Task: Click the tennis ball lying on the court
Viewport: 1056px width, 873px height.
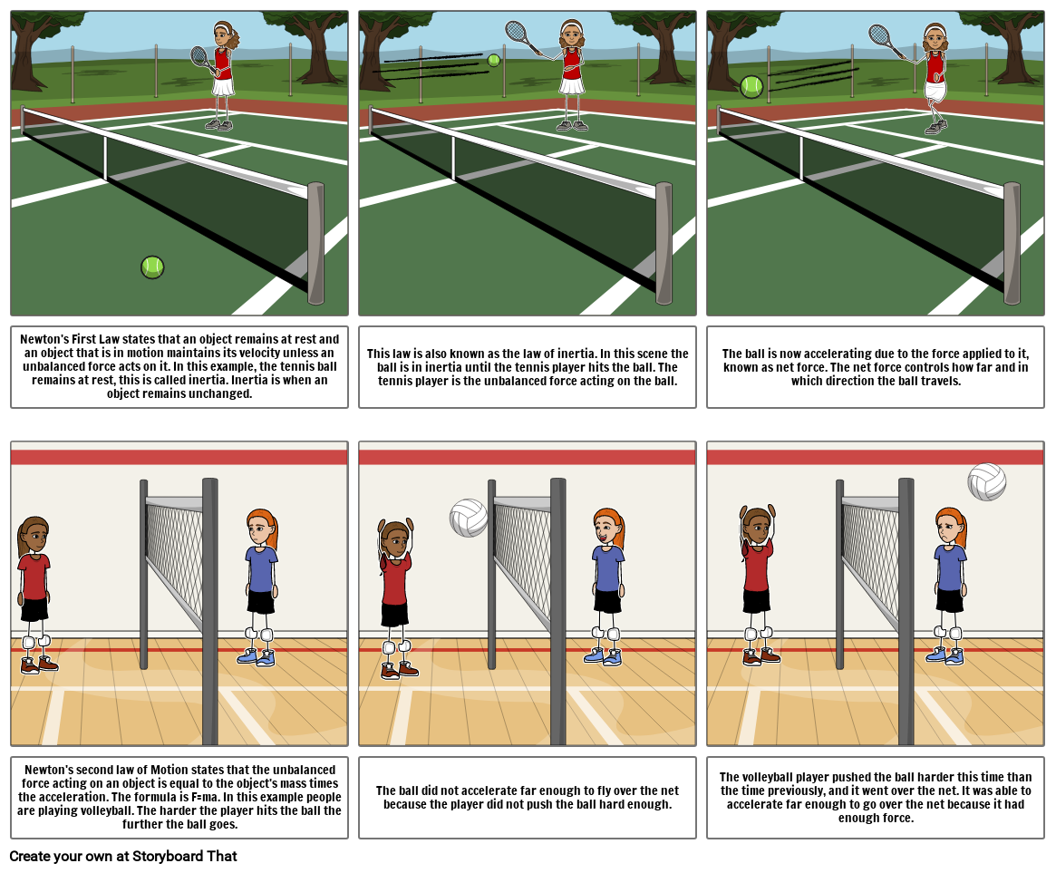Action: pos(152,267)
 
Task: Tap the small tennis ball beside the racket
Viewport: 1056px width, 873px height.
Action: pos(493,60)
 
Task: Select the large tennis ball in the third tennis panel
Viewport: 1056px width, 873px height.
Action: pos(751,87)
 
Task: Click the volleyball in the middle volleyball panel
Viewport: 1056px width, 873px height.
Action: pos(469,518)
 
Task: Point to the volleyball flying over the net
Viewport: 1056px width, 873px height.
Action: pos(987,481)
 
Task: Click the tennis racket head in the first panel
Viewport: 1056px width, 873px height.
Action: pos(199,56)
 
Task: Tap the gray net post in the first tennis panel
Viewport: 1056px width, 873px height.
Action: pos(315,243)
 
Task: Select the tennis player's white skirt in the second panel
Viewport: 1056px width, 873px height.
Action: pos(571,84)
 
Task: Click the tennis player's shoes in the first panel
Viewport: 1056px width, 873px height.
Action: pos(219,125)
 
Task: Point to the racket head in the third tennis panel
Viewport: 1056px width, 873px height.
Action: pos(879,35)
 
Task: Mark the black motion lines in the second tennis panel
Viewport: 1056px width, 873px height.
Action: pos(431,64)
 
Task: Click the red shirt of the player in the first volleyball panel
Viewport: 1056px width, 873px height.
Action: pos(34,577)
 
